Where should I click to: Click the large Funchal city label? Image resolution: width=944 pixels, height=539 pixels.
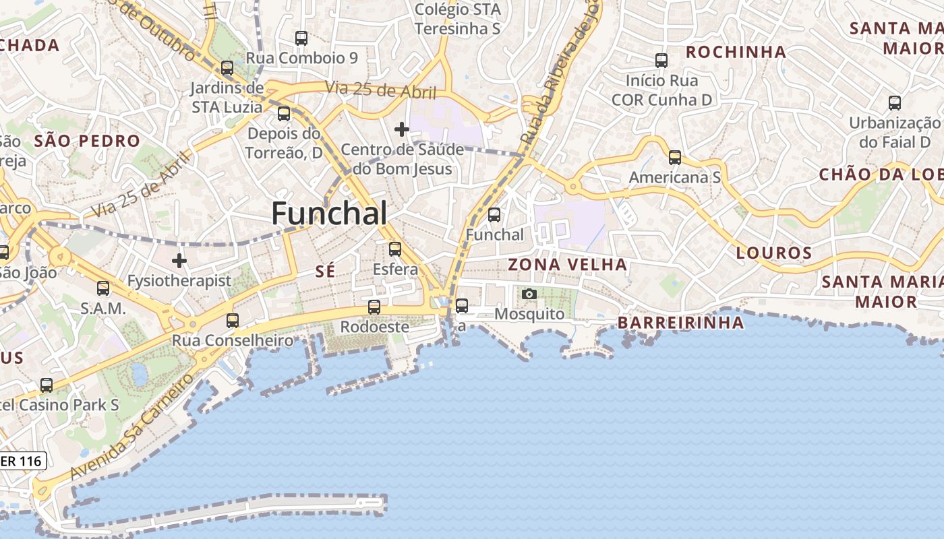pyautogui.click(x=329, y=214)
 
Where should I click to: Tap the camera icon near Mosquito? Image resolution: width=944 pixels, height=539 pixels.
pyautogui.click(x=529, y=294)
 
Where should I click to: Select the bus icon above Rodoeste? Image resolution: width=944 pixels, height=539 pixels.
pyautogui.click(x=374, y=307)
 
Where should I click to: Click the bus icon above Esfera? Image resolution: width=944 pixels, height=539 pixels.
pyautogui.click(x=395, y=249)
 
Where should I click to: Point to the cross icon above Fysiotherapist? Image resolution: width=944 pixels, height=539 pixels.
pyautogui.click(x=179, y=260)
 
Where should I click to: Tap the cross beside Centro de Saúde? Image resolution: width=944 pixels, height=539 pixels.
pyautogui.click(x=402, y=129)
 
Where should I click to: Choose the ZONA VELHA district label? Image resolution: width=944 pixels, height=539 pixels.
pyautogui.click(x=567, y=264)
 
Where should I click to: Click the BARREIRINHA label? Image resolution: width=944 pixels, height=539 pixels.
pyautogui.click(x=681, y=323)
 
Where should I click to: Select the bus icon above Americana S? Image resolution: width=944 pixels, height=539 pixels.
pyautogui.click(x=674, y=158)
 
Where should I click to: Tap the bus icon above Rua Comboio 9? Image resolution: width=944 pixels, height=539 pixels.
pyautogui.click(x=301, y=38)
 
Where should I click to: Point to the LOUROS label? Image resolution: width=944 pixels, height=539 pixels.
pyautogui.click(x=774, y=253)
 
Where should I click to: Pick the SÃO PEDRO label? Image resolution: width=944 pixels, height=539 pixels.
pyautogui.click(x=87, y=141)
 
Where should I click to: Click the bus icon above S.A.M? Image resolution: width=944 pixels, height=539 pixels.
pyautogui.click(x=103, y=288)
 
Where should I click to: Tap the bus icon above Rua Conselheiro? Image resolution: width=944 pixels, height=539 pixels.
pyautogui.click(x=233, y=320)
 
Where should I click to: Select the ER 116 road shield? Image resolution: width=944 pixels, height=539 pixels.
pyautogui.click(x=23, y=462)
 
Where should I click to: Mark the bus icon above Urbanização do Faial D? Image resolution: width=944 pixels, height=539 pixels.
pyautogui.click(x=894, y=103)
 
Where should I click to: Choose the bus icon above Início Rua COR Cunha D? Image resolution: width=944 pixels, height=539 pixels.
pyautogui.click(x=661, y=61)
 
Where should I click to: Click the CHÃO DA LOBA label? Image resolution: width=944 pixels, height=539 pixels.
pyautogui.click(x=881, y=175)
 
